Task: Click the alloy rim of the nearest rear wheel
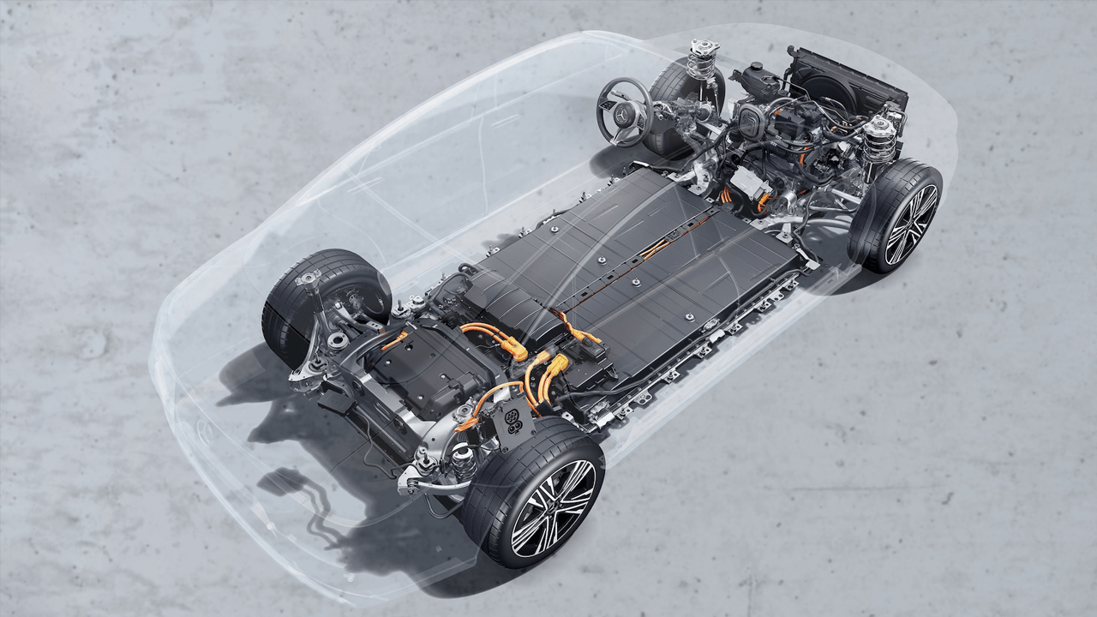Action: point(552,508)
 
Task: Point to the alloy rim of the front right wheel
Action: point(910,225)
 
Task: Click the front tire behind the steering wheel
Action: point(677,94)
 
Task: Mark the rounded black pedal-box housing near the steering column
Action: point(751,120)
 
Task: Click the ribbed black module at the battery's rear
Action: point(506,300)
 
